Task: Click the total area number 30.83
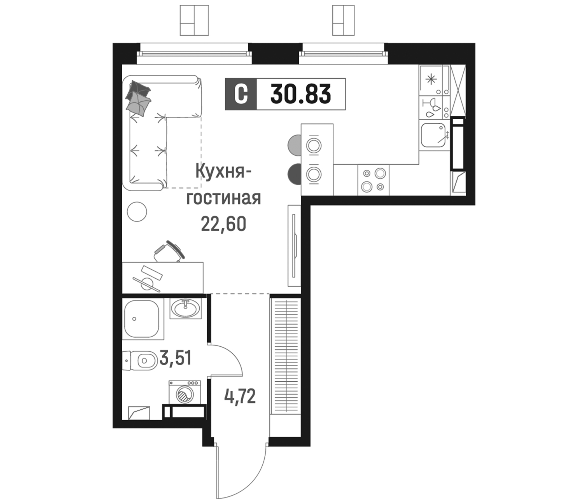(300, 94)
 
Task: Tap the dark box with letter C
(241, 94)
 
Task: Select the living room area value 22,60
(223, 224)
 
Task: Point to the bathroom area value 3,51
(175, 358)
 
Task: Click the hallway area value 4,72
(240, 396)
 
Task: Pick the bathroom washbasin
(185, 308)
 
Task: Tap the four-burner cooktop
(373, 180)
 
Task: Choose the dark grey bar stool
(294, 174)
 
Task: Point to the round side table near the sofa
(137, 211)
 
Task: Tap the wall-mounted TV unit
(294, 246)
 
